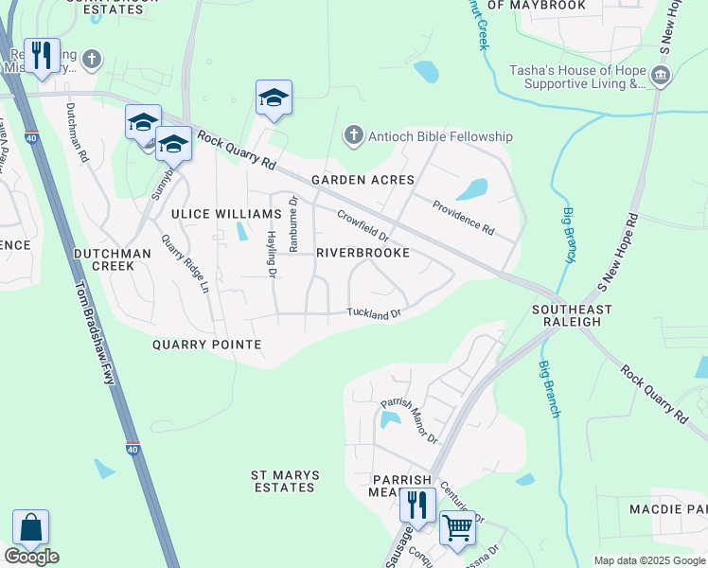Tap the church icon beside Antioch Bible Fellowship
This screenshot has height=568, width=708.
(353, 136)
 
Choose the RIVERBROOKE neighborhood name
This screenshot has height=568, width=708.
(363, 253)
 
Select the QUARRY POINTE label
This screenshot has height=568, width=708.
(206, 345)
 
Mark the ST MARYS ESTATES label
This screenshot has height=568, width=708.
(285, 481)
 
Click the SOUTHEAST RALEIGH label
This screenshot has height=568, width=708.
(572, 315)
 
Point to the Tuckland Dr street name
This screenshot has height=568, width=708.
(374, 313)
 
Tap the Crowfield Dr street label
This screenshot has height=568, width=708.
(363, 225)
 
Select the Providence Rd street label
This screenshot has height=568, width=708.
(464, 218)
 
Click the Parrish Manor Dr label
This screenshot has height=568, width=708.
(409, 420)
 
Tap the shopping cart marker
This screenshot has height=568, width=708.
(458, 527)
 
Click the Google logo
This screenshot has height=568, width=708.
(31, 557)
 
